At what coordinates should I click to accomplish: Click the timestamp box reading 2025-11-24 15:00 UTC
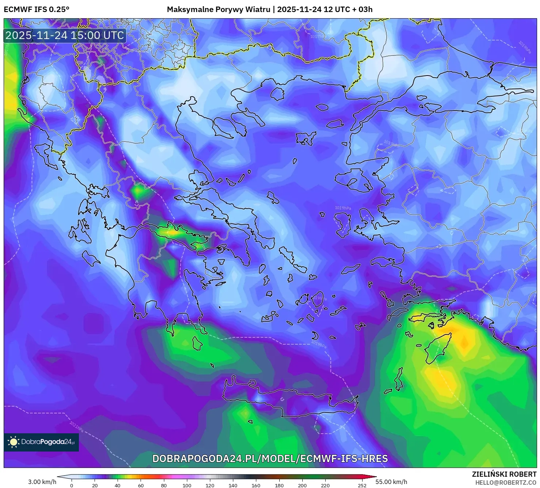coord(65,36)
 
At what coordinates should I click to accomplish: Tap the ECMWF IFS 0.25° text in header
coord(37,9)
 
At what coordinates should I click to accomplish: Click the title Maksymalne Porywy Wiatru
coord(219,9)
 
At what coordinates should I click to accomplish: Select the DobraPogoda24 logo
coord(41,442)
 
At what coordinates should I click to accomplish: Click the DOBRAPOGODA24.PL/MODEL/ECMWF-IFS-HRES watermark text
coord(270,458)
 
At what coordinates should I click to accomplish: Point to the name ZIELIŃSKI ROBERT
coord(504,474)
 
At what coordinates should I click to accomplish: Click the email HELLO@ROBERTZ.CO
coord(506,483)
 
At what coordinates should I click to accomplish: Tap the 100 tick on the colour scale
coord(187,485)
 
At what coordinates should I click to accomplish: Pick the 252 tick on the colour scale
coord(362,485)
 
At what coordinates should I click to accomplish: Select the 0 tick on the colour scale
coord(72,485)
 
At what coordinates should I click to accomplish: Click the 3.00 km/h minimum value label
coord(42,482)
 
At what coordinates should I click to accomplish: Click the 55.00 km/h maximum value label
coord(391,482)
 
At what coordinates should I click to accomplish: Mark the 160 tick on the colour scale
coord(256,485)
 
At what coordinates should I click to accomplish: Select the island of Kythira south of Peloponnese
coord(197,344)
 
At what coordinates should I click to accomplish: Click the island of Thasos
coord(277,94)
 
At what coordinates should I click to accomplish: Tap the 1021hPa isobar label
coord(77,427)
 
